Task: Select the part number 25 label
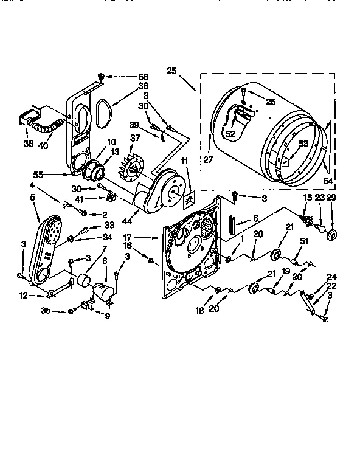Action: pyautogui.click(x=171, y=71)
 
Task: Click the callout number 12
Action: pyautogui.click(x=22, y=296)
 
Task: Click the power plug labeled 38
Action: pyautogui.click(x=30, y=116)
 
